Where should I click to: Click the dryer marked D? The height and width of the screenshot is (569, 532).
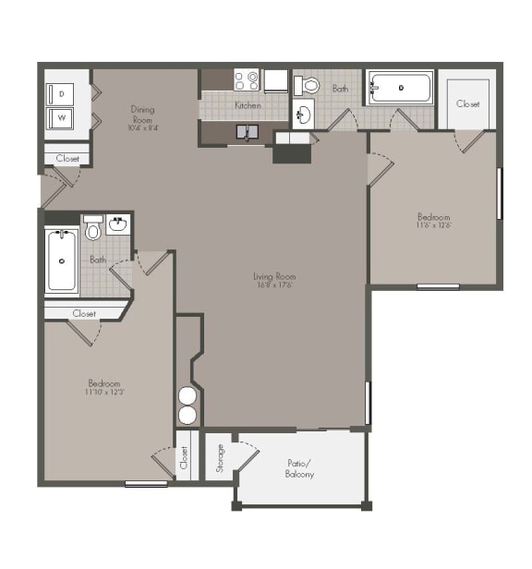click(x=62, y=94)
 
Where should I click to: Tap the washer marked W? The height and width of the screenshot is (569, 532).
click(x=62, y=118)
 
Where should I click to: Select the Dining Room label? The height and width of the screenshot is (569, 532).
click(x=142, y=114)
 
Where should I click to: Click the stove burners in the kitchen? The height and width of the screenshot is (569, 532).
click(x=246, y=80)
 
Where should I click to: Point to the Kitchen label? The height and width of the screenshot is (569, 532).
click(x=247, y=105)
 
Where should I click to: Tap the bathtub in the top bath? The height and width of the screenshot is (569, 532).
click(x=400, y=89)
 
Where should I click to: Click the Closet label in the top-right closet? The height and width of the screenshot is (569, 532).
click(x=467, y=104)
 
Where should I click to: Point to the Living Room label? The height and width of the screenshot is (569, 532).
click(x=275, y=275)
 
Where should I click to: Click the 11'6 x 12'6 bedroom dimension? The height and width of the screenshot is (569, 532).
click(x=432, y=225)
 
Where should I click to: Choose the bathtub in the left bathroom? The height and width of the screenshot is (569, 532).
click(x=62, y=260)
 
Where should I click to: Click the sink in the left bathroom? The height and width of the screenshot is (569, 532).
click(x=118, y=224)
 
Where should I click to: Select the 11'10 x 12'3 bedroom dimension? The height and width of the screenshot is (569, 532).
click(x=104, y=392)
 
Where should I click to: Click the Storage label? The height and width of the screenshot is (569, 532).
click(x=220, y=457)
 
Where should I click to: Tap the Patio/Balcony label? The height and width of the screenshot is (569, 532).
click(x=299, y=469)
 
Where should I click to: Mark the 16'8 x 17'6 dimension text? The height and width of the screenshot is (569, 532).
click(x=275, y=284)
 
